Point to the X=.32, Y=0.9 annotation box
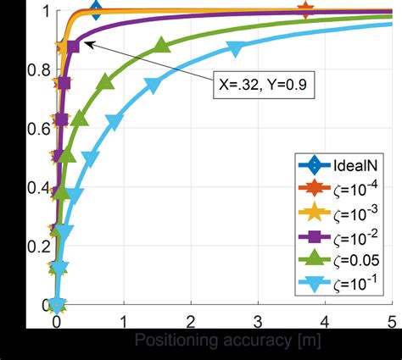point(265,86)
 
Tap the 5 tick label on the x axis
point(391,321)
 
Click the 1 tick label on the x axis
point(124,321)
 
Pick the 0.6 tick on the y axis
point(36,130)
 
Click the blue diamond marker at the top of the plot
point(96,11)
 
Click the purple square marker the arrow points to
point(72,46)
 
